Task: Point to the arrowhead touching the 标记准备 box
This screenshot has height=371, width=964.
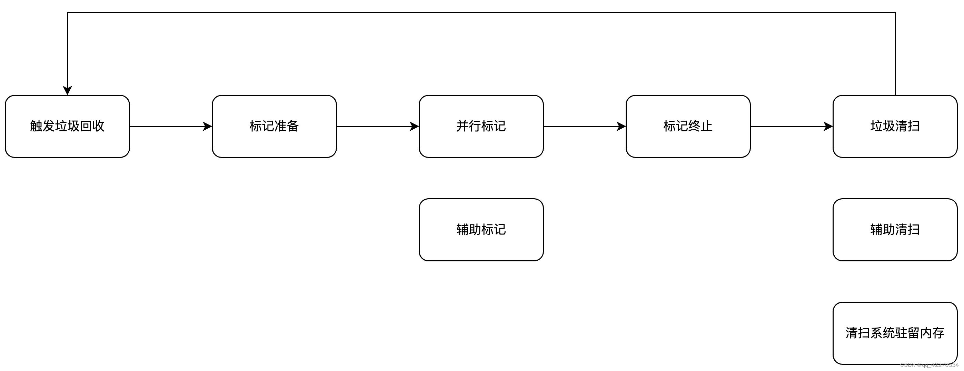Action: pos(208,127)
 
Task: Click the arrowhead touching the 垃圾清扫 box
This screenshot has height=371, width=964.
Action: pos(828,127)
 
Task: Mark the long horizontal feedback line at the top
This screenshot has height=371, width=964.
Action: pos(481,13)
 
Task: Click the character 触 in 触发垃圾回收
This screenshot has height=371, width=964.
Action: pos(36,126)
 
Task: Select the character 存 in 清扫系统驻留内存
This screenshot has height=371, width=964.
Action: pos(938,333)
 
